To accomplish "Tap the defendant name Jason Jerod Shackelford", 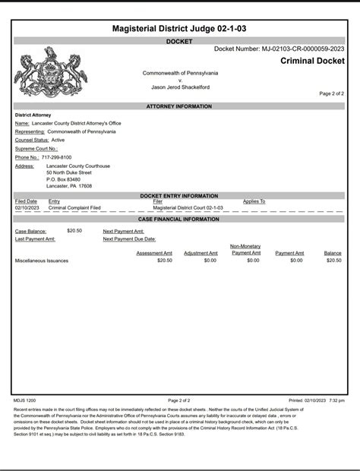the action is pyautogui.click(x=181, y=87).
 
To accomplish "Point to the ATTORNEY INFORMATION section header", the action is pyautogui.click(x=179, y=107).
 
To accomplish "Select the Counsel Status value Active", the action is pyautogui.click(x=58, y=140).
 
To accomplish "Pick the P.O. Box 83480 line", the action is pyautogui.click(x=63, y=179).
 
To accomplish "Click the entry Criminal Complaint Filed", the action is pyautogui.click(x=74, y=207).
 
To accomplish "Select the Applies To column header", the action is pyautogui.click(x=254, y=201).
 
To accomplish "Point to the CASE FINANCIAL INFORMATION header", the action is pyautogui.click(x=179, y=219).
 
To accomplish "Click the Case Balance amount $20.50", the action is pyautogui.click(x=74, y=230).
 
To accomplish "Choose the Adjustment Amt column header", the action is pyautogui.click(x=201, y=253).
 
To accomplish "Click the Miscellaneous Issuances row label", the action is pyautogui.click(x=42, y=261).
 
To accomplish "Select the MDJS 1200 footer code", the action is pyautogui.click(x=25, y=399).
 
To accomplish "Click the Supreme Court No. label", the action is pyautogui.click(x=36, y=149).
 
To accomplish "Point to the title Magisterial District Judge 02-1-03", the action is pyautogui.click(x=179, y=28).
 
